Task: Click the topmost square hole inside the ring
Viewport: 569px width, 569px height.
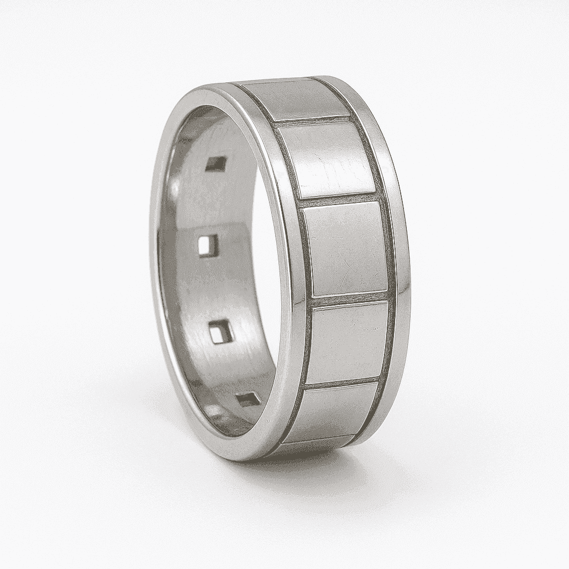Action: click(216, 163)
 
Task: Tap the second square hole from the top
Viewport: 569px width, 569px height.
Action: click(209, 245)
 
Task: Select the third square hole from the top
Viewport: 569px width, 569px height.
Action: click(222, 331)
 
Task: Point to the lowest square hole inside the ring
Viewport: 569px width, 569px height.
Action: click(248, 399)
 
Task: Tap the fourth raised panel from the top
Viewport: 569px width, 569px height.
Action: click(347, 342)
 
